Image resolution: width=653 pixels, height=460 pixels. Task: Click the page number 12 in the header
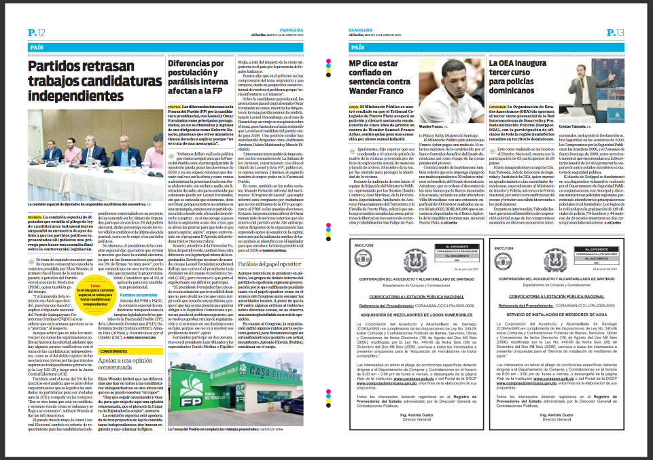click(x=37, y=33)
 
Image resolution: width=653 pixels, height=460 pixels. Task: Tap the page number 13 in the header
click(x=616, y=33)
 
